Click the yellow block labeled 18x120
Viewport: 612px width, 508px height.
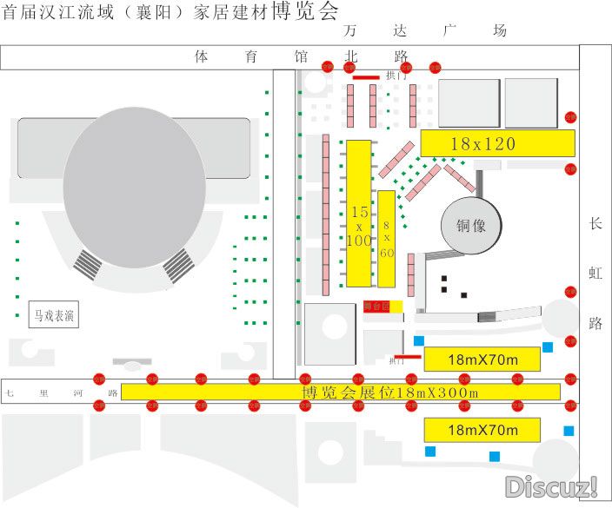[497, 142]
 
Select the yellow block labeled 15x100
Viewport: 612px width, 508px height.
[360, 213]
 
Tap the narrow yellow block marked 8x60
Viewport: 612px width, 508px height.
[387, 238]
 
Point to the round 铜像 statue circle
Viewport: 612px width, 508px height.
[471, 226]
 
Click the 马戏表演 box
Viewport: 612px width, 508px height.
[54, 314]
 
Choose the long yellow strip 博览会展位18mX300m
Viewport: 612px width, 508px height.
[341, 392]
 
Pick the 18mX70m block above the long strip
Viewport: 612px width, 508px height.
[482, 359]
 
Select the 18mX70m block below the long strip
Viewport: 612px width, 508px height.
[482, 429]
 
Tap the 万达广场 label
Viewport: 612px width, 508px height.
[425, 30]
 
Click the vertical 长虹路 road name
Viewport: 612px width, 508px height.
[595, 274]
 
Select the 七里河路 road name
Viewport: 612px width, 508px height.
[61, 393]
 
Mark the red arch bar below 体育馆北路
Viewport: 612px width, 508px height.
[365, 77]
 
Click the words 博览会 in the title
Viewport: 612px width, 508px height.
[304, 11]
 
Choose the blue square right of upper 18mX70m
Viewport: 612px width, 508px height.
[548, 348]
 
